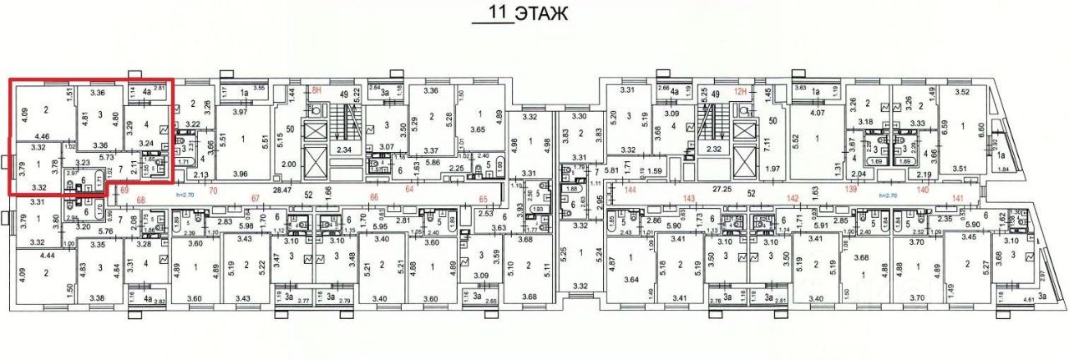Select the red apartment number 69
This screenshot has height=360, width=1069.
coord(124,191)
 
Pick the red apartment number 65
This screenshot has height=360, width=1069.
coord(483,198)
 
